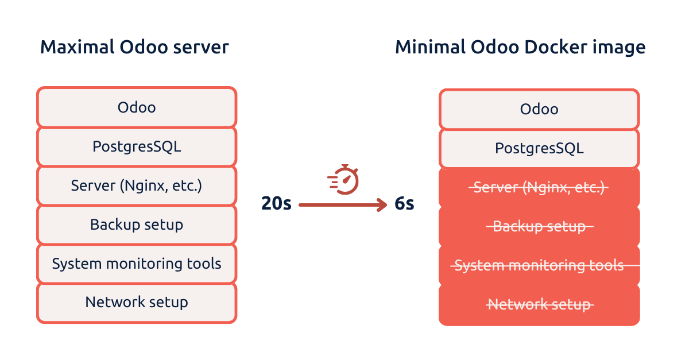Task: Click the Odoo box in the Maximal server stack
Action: tap(137, 107)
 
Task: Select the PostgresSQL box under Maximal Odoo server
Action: tap(137, 146)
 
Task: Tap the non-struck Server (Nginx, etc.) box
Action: tap(137, 185)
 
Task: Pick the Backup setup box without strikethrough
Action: tap(137, 224)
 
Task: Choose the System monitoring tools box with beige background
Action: tap(137, 264)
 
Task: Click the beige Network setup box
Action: tap(137, 302)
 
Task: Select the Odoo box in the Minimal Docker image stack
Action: tap(539, 109)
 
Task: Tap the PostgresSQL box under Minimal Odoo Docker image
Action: tap(539, 149)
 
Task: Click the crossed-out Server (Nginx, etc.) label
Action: tap(539, 188)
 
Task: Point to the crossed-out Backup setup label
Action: tap(539, 226)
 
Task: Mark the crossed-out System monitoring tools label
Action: tap(539, 265)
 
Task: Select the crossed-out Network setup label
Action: tap(539, 304)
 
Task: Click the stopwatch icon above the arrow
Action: tap(344, 180)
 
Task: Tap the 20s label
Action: tap(277, 204)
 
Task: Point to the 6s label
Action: tap(404, 204)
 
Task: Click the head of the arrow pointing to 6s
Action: tap(382, 204)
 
